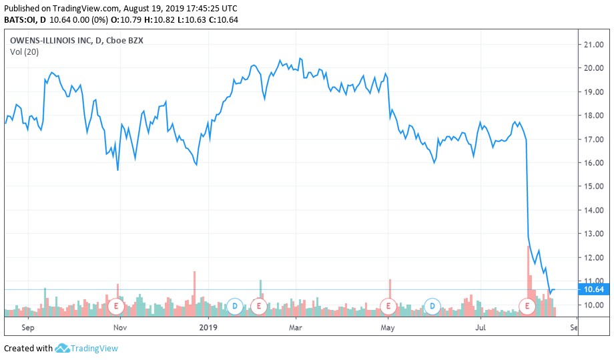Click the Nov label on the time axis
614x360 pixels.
coord(119,328)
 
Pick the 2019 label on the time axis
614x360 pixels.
coord(209,328)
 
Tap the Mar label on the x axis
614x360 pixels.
coord(295,328)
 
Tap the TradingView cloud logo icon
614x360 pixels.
coord(63,348)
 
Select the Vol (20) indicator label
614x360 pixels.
coord(23,52)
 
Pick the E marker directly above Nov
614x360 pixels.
coord(116,307)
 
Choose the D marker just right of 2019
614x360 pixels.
coord(234,307)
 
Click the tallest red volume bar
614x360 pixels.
coord(528,274)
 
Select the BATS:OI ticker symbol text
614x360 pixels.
coord(21,20)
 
